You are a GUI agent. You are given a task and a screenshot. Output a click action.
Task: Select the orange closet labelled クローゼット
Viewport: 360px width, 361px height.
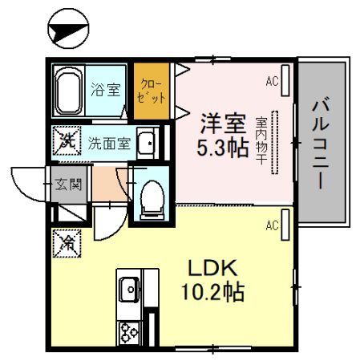click(150, 91)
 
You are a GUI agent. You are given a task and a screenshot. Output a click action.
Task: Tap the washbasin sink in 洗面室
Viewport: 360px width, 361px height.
click(148, 144)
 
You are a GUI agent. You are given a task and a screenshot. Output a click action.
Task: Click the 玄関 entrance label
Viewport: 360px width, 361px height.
click(67, 185)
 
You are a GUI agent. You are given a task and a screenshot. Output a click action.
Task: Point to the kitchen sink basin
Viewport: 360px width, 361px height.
click(128, 287)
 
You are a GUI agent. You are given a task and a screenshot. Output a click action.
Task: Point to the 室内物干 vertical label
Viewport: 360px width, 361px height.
click(261, 142)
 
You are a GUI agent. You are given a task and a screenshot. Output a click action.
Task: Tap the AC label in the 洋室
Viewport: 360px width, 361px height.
click(271, 81)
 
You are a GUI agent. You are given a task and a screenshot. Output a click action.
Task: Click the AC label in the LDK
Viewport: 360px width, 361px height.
click(271, 224)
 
